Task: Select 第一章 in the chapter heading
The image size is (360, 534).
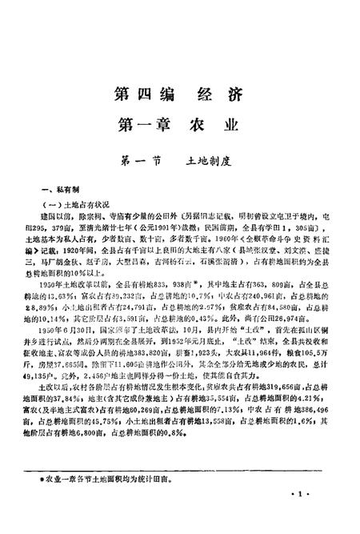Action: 144,126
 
